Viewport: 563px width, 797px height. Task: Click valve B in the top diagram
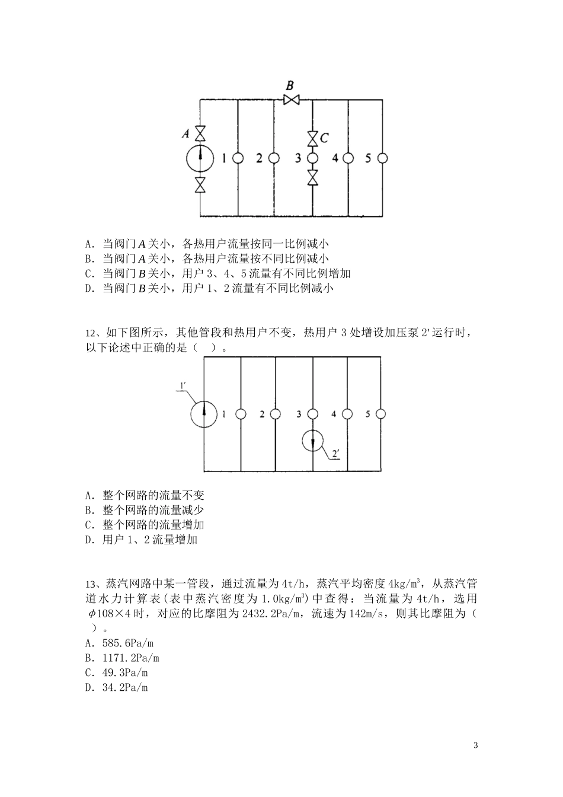point(291,100)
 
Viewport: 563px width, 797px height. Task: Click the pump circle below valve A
point(200,158)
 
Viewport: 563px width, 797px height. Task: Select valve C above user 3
point(312,139)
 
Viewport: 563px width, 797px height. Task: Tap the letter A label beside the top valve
point(185,135)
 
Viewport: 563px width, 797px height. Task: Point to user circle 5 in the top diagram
point(383,158)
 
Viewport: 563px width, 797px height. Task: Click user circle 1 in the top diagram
point(238,158)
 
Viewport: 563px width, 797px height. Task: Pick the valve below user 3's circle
point(312,177)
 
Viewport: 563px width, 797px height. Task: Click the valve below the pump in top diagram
point(200,185)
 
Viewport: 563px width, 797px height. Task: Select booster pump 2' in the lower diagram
point(312,441)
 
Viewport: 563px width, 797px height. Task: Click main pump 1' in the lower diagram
point(203,413)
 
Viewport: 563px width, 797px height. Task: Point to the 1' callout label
point(183,387)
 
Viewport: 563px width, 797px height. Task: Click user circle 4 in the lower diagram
point(348,414)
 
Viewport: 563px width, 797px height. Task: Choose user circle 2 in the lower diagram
point(276,414)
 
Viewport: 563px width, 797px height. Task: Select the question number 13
point(92,584)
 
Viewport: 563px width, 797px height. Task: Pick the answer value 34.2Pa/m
point(125,687)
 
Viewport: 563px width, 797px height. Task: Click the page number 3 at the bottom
point(475,745)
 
